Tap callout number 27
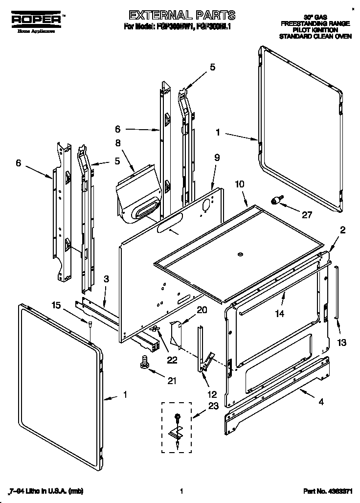[x=306, y=213]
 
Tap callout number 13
[x=342, y=342]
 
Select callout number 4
[x=321, y=403]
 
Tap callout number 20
[x=202, y=309]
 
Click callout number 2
[x=343, y=230]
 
